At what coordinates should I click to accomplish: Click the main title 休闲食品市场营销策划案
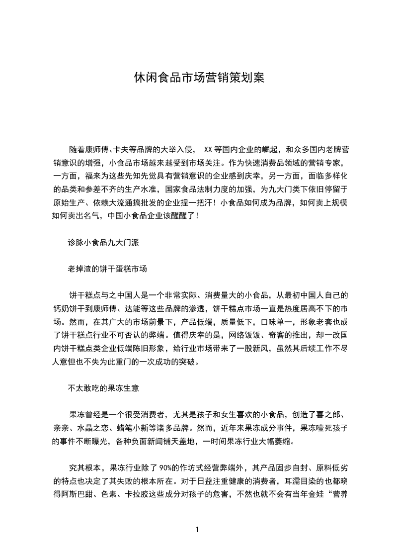[199, 78]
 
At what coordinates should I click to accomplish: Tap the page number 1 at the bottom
[197, 530]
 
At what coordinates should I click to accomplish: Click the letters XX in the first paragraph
[208, 149]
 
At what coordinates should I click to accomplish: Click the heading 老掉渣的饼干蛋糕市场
[107, 270]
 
